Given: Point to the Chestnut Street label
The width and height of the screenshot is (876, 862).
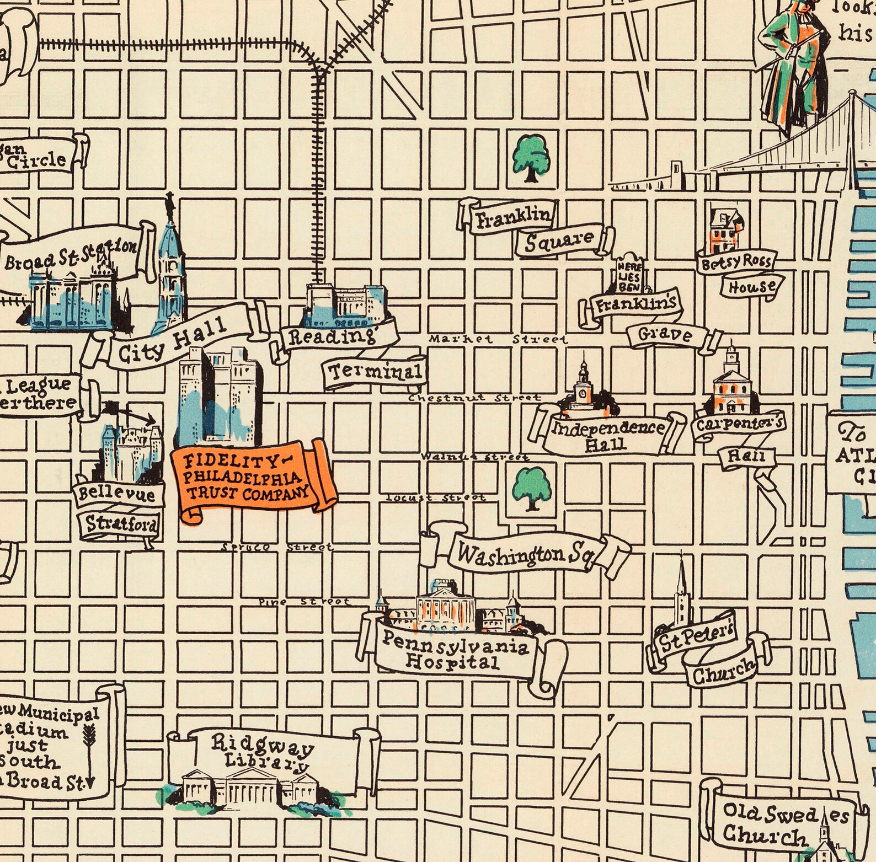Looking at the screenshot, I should pos(474,398).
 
